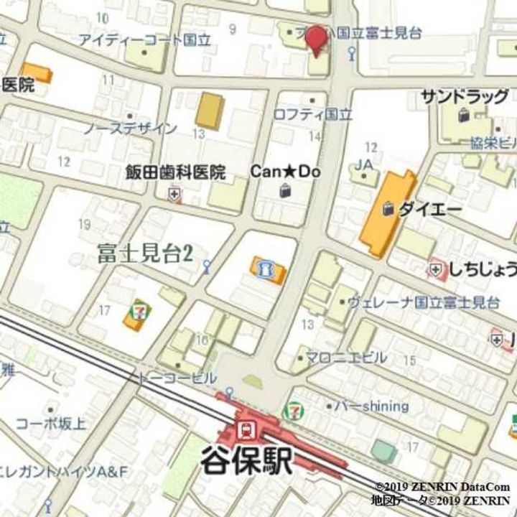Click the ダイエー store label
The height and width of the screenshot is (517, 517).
(429, 209)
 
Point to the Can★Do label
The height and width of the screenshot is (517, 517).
(284, 172)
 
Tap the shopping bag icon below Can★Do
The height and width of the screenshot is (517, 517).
(285, 190)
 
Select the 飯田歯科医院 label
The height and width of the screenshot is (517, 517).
(175, 172)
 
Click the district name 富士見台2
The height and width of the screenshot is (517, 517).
(145, 253)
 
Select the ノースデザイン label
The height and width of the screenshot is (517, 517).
(129, 129)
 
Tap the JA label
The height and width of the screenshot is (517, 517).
(364, 164)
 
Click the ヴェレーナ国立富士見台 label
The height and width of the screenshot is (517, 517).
(424, 302)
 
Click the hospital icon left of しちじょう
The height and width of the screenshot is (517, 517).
(436, 270)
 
